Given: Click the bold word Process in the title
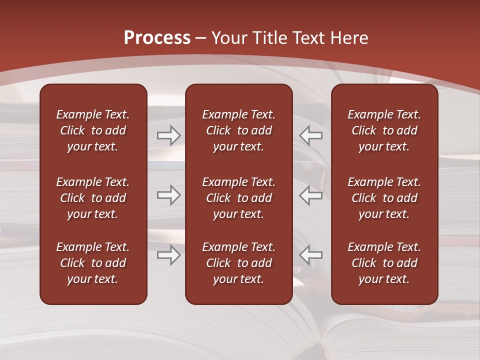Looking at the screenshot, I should pyautogui.click(x=157, y=38).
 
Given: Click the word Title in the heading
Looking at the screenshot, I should pyautogui.click(x=271, y=38).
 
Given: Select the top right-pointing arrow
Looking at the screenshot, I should pyautogui.click(x=168, y=135).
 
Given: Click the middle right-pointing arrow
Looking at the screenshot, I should pyautogui.click(x=168, y=195).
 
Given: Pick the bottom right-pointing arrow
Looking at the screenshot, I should pyautogui.click(x=168, y=255).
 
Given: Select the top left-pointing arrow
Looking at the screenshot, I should pyautogui.click(x=310, y=135).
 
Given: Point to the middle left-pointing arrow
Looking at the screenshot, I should pyautogui.click(x=310, y=195).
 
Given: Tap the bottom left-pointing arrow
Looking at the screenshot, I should pyautogui.click(x=310, y=255).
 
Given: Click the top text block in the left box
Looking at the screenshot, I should pyautogui.click(x=93, y=130).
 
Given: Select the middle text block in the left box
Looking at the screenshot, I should pyautogui.click(x=93, y=198).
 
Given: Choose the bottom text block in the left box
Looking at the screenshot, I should pyautogui.click(x=93, y=263).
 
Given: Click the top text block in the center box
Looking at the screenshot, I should pyautogui.click(x=238, y=130).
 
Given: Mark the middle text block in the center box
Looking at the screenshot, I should pyautogui.click(x=238, y=198).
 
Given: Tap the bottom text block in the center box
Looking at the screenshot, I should pyautogui.click(x=238, y=263).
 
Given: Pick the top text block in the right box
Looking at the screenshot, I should pyautogui.click(x=384, y=130).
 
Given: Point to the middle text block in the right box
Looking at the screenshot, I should pyautogui.click(x=384, y=198).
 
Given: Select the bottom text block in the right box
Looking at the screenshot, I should pyautogui.click(x=384, y=263).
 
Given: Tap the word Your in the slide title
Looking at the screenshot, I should pyautogui.click(x=228, y=38).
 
